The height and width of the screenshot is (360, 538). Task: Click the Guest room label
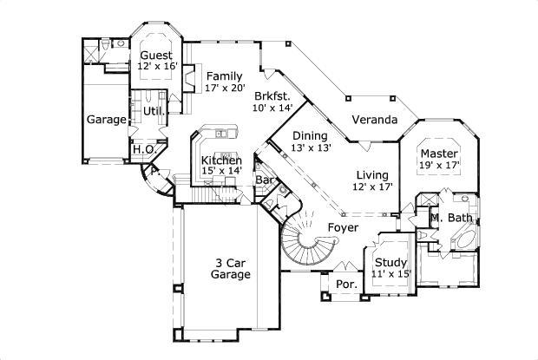(156, 56)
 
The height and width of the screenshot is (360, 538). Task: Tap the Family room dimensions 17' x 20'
(225, 88)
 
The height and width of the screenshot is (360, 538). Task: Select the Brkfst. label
(272, 95)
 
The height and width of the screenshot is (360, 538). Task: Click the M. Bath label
(451, 217)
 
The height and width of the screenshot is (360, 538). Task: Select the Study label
(390, 263)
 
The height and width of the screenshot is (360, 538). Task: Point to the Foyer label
(343, 227)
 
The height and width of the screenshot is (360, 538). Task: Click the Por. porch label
(346, 284)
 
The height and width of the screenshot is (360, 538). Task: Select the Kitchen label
(221, 160)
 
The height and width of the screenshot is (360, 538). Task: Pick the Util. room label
(154, 111)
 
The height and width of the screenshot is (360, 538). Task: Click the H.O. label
(144, 149)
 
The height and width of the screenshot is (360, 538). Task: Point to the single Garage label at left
(107, 120)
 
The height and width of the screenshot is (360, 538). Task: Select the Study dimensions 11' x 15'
(390, 275)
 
